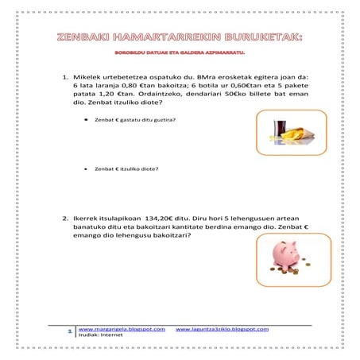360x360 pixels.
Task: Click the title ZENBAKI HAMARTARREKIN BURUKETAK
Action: click(180, 37)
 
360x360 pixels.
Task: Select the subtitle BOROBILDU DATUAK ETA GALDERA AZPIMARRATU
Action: click(180, 53)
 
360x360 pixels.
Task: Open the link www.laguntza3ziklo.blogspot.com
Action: click(222, 327)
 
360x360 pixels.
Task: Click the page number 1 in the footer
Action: click(71, 330)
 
